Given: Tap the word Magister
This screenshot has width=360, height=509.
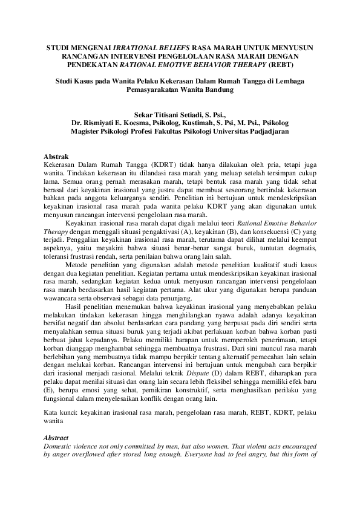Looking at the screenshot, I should (89, 130).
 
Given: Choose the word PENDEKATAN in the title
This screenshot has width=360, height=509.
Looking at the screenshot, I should (91, 63).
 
